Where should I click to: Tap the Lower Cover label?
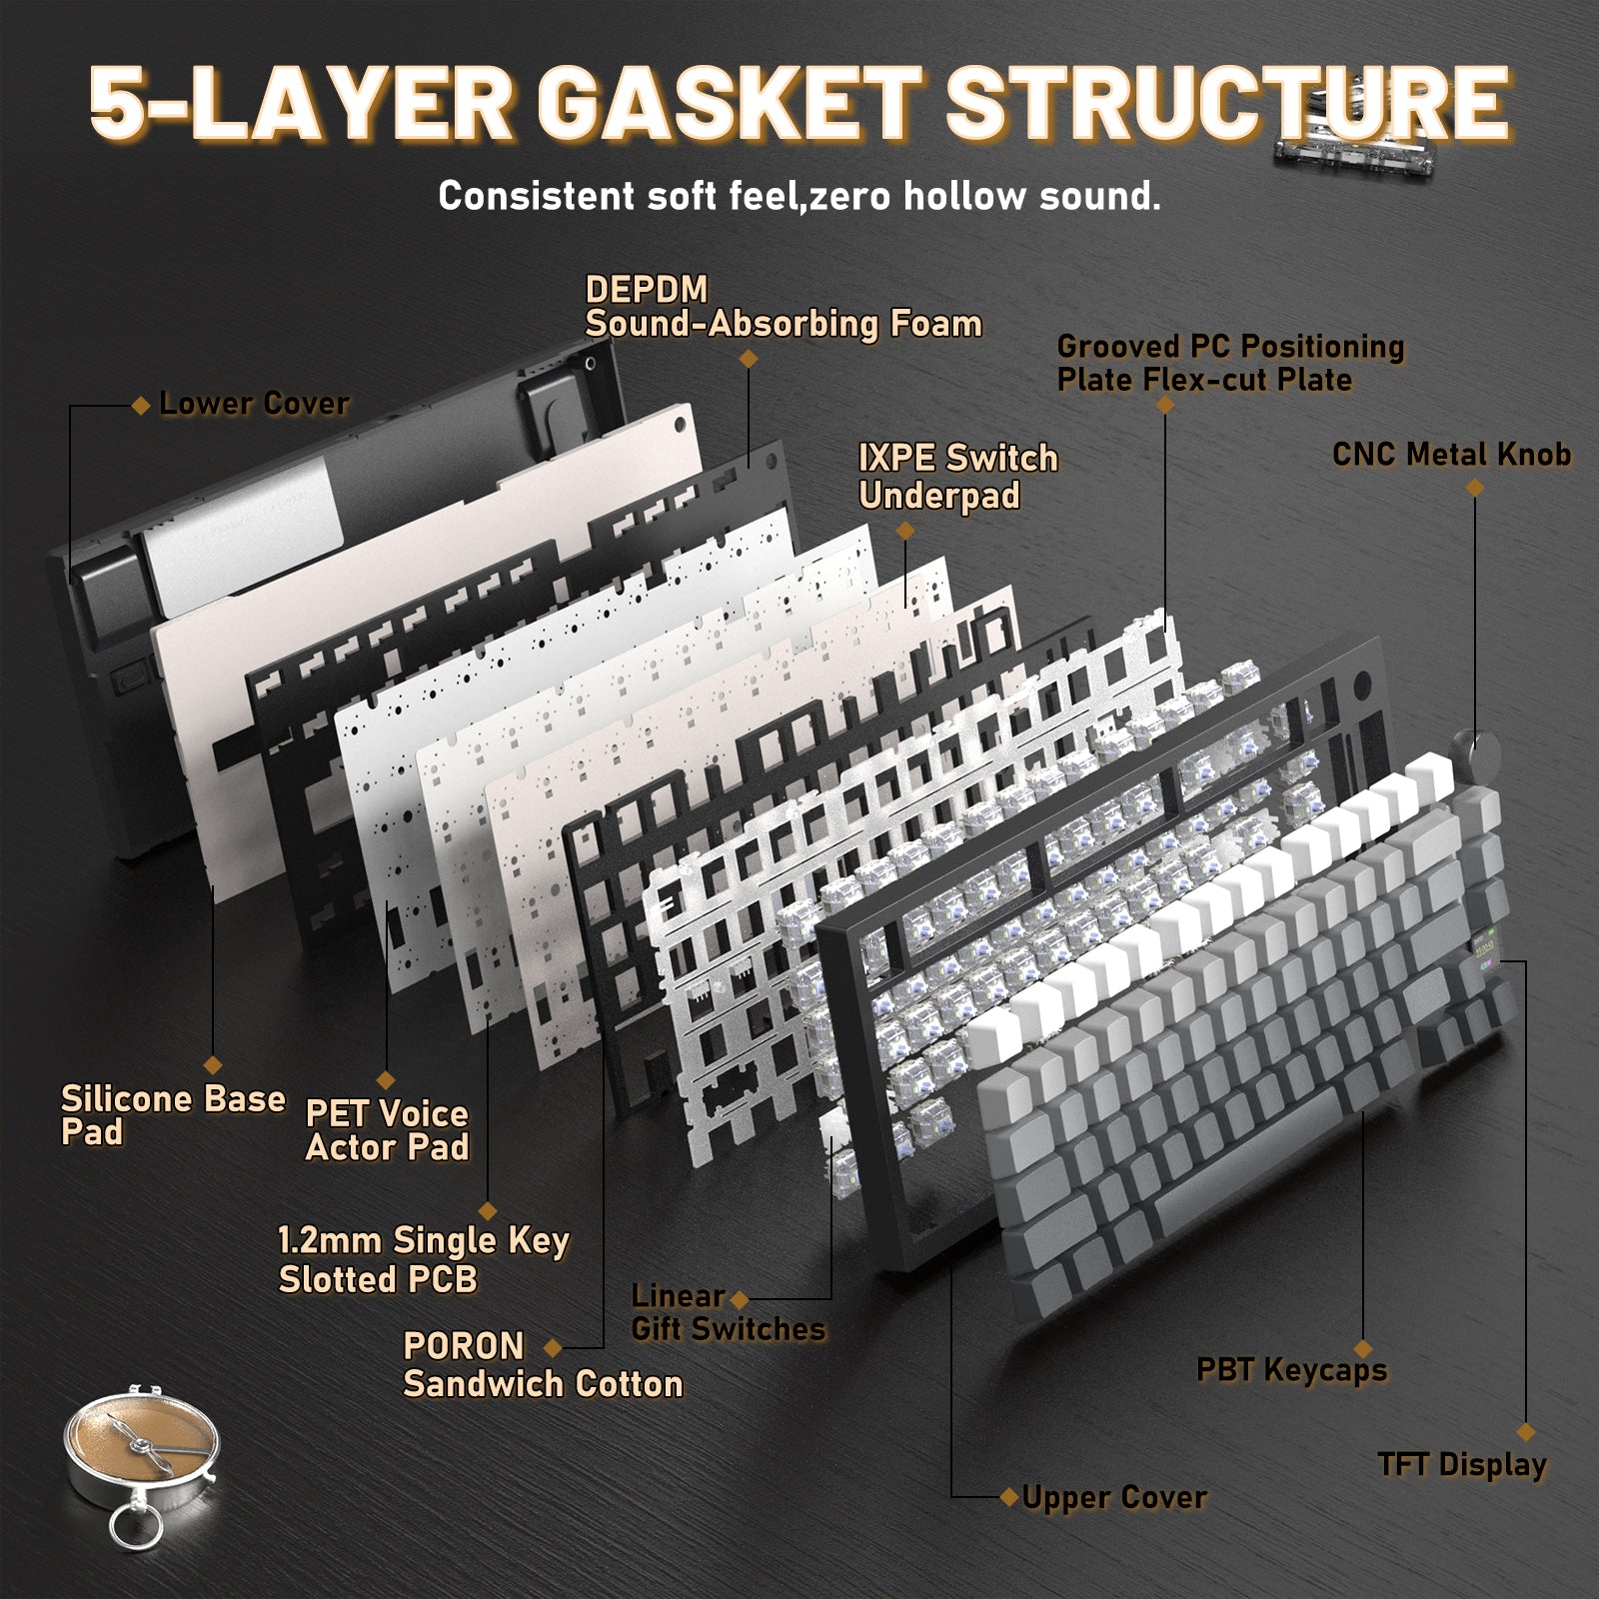click(x=254, y=404)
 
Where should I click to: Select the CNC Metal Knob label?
click(x=1451, y=455)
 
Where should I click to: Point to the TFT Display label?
click(x=1462, y=1464)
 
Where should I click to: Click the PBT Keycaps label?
click(x=1291, y=1369)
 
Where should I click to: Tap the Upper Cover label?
click(x=1114, y=1497)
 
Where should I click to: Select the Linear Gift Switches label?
click(x=728, y=1312)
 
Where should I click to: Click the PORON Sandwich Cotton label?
click(x=543, y=1365)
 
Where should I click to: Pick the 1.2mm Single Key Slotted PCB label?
click(x=424, y=1259)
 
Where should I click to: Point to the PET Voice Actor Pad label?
click(x=387, y=1130)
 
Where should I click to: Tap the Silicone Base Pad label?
click(x=173, y=1115)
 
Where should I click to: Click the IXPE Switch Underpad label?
click(x=957, y=477)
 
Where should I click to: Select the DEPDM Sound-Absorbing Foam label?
click(x=783, y=307)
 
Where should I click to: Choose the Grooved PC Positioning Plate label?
click(x=1230, y=363)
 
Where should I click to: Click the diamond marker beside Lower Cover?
click(x=141, y=405)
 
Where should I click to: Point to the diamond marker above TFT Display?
click(x=1525, y=1432)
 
